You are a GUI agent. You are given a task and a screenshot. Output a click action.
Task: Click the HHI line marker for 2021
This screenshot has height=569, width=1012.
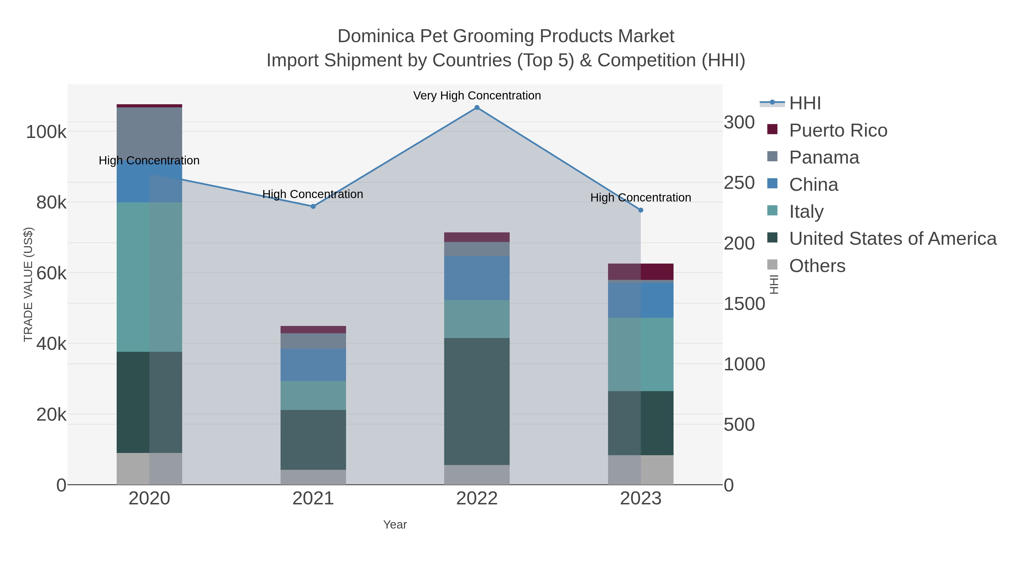tap(313, 207)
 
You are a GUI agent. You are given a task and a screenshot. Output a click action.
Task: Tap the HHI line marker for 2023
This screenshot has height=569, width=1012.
tap(640, 210)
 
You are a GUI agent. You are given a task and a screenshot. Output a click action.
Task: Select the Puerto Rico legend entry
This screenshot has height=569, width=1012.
tap(838, 130)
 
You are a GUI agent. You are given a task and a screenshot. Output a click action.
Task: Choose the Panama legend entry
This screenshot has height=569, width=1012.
tap(824, 157)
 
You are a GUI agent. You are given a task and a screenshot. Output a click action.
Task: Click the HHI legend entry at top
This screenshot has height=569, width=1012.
tap(805, 103)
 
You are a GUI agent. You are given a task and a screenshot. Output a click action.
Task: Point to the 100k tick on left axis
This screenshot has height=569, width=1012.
tap(46, 132)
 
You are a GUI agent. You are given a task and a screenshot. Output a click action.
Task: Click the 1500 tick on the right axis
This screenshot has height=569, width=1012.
tap(744, 304)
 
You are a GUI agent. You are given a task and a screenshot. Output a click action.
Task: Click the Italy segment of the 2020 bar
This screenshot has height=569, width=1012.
tap(149, 277)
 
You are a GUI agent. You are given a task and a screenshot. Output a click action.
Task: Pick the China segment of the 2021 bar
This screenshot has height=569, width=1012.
tap(313, 364)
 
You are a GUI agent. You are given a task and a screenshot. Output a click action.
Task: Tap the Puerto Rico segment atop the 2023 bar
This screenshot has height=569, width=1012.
tap(640, 272)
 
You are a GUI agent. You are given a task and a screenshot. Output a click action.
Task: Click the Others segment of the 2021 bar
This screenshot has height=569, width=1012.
tap(313, 477)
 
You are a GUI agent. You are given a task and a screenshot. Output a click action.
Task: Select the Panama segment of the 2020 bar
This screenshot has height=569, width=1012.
tap(149, 133)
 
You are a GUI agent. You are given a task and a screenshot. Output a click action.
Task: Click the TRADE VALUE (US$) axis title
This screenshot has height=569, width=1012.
tap(28, 284)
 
